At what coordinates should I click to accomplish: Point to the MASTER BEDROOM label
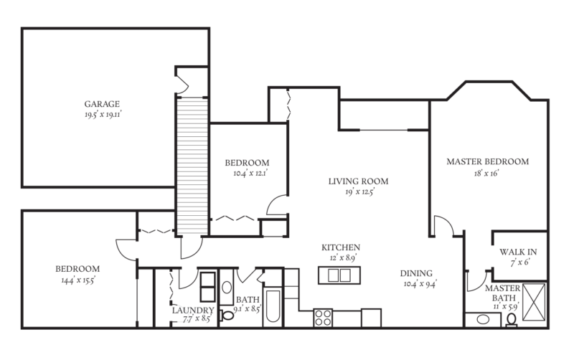[487, 162]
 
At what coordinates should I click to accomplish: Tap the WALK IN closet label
[518, 252]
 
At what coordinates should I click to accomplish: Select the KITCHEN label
[340, 247]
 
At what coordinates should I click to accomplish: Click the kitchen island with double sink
[339, 275]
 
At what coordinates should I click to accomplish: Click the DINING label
[416, 273]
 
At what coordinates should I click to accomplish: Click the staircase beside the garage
[192, 165]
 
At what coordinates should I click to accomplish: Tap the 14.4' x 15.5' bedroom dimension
[77, 280]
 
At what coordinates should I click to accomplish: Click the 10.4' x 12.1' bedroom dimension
[246, 173]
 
